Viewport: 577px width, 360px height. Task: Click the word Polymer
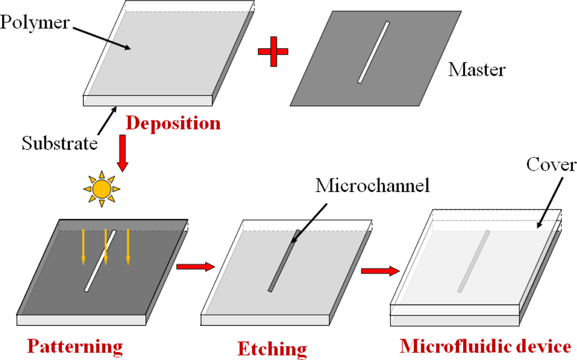35,23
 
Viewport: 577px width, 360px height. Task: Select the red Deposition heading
173,123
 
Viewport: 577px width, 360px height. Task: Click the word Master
477,70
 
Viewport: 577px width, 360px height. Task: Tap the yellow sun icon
102,188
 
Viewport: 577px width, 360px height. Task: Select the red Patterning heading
74,345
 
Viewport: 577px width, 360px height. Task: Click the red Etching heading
272,348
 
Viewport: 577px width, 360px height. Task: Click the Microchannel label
372,186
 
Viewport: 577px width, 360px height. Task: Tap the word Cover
551,165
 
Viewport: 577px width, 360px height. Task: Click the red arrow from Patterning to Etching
196,266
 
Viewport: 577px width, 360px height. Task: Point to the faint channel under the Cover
473,261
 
